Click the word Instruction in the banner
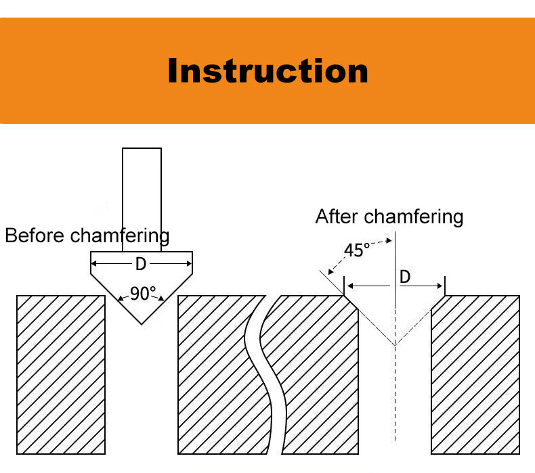[x=267, y=71]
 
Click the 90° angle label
[x=143, y=294]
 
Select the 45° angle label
[x=357, y=250]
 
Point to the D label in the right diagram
[x=405, y=277]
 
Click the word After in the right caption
[x=337, y=217]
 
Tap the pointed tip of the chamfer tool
[x=142, y=323]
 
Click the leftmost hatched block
[x=61, y=374]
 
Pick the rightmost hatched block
[x=475, y=374]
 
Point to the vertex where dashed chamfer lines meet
[x=395, y=346]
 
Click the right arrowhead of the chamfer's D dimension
[x=441, y=287]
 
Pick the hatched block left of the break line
[x=213, y=374]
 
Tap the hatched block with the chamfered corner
[x=318, y=379]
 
